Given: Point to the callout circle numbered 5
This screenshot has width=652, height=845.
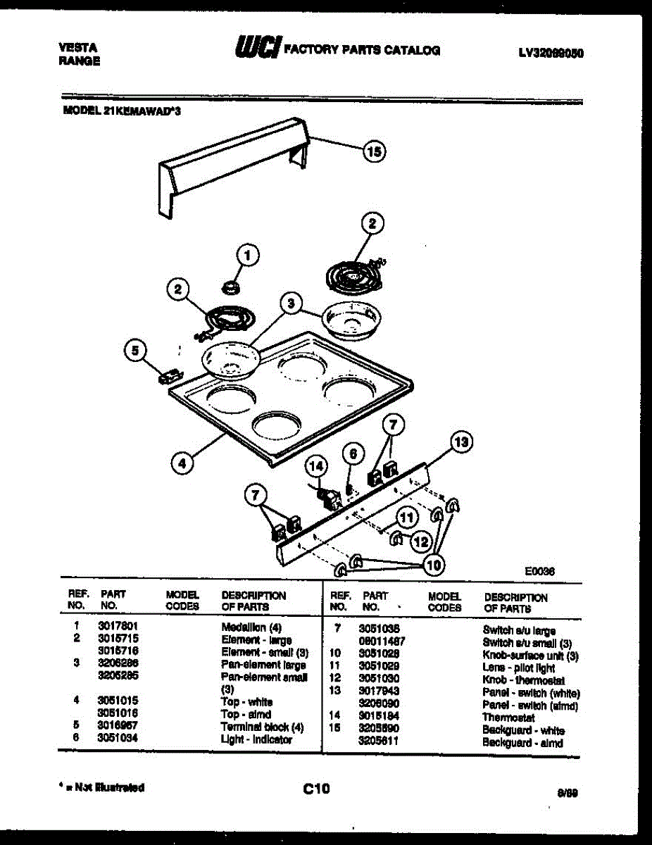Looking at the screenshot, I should [x=136, y=350].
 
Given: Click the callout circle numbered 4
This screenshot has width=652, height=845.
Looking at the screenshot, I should [x=182, y=463].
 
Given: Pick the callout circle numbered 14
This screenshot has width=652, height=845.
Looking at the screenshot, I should [x=317, y=466].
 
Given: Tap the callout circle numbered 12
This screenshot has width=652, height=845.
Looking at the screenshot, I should [x=420, y=542].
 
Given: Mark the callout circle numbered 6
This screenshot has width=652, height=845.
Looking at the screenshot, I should [x=354, y=454].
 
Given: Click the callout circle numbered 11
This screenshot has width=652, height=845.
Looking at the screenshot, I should [x=406, y=518].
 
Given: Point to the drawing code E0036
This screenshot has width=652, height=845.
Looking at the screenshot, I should [x=539, y=572].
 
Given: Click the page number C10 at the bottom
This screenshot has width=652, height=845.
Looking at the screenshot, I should [x=316, y=789].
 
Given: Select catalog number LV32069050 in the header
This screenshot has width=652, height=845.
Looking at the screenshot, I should [x=551, y=53].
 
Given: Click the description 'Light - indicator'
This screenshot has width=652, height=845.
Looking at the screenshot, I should [x=256, y=739].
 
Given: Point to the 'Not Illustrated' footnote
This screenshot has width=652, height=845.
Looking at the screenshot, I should [x=101, y=787].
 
